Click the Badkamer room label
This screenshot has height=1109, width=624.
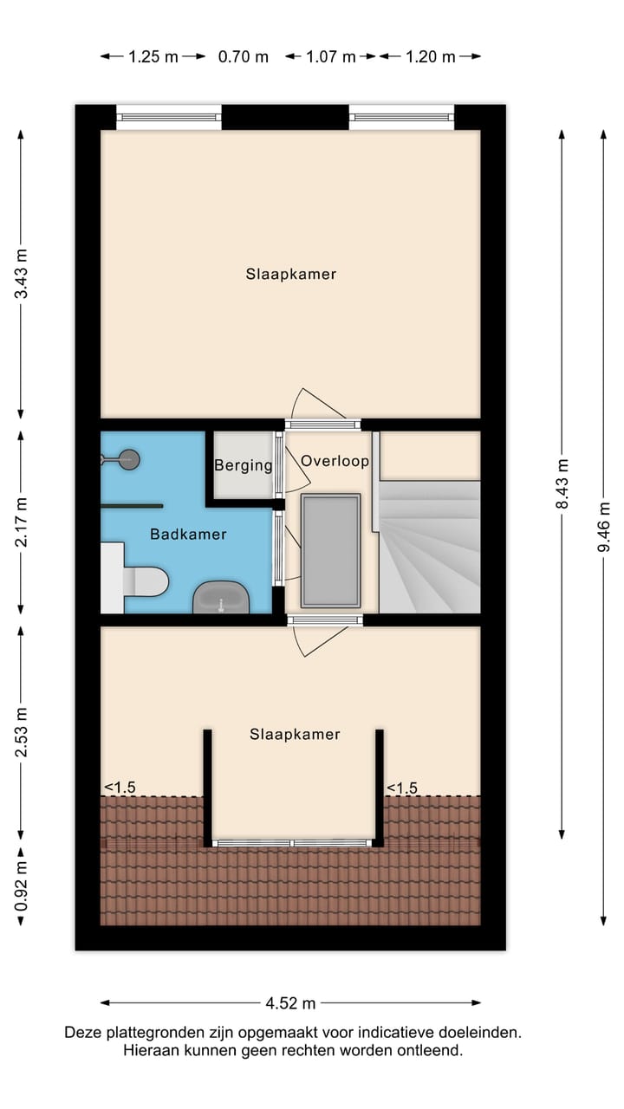188,535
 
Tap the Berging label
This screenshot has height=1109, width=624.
244,466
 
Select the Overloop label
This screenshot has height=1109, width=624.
335,461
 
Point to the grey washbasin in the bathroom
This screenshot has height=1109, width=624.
221,598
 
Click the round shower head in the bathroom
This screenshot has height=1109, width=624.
129,459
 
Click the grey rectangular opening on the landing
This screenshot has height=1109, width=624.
330,551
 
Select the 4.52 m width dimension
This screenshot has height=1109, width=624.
290,1003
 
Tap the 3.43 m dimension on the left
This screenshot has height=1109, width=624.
22,274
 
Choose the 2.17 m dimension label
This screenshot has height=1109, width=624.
22,521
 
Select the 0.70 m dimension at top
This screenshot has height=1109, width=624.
243,57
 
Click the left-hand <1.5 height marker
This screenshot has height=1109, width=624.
120,788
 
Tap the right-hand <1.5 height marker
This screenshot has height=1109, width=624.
401,788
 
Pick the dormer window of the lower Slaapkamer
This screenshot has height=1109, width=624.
293,843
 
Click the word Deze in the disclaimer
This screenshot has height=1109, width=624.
82,1033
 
